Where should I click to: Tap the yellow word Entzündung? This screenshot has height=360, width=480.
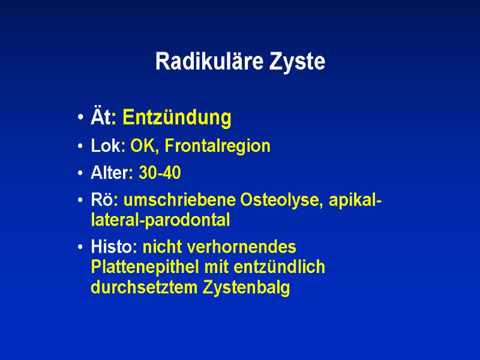pos(176,118)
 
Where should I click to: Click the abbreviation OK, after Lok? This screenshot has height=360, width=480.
pos(145,146)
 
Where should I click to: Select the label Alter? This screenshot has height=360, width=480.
pos(112,173)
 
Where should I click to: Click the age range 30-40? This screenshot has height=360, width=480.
pos(160,173)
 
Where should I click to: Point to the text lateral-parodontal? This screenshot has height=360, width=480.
pos(160,220)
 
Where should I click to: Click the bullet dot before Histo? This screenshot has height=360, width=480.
pos(80,248)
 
